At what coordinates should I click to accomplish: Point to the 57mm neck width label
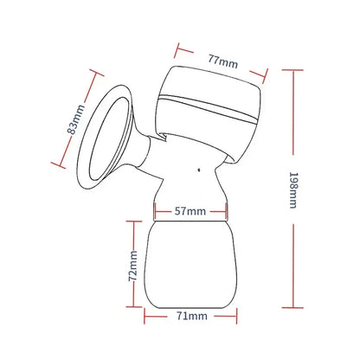[190, 210]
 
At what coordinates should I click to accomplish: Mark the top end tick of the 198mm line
[295, 71]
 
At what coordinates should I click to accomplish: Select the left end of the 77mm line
[177, 39]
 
